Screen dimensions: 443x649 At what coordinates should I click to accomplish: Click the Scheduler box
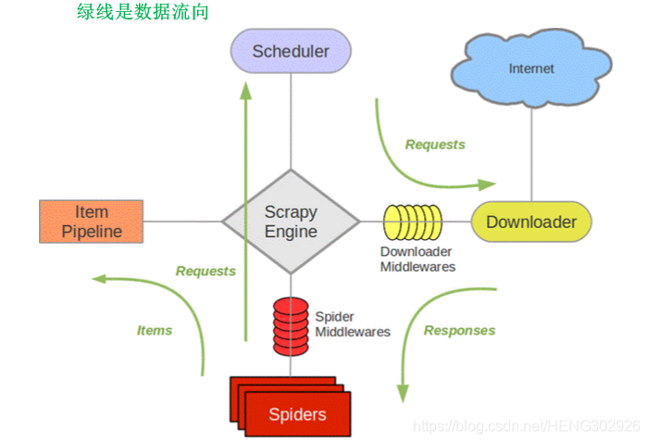point(291,51)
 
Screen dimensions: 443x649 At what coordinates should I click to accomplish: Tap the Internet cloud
point(531,69)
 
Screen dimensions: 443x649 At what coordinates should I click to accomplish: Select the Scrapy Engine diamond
point(291,221)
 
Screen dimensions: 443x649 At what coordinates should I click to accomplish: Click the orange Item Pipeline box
point(92,221)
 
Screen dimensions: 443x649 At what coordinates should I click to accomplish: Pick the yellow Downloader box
point(530,221)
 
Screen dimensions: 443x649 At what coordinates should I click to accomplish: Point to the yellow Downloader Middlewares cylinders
point(413,222)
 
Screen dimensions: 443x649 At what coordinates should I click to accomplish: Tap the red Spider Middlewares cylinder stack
point(289,325)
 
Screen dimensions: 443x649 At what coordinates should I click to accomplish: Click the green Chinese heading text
point(143,12)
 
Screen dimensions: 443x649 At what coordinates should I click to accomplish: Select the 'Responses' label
point(459,330)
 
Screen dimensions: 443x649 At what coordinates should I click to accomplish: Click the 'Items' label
point(155,330)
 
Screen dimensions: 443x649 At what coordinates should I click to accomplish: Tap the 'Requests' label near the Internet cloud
point(435,145)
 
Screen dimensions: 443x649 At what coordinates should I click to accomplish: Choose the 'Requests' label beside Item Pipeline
point(206,271)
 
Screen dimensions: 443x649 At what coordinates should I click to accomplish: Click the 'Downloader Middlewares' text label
point(418,259)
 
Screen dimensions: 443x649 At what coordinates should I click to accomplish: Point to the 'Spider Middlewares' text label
point(353,324)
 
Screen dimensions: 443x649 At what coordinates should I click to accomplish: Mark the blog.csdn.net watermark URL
point(526,425)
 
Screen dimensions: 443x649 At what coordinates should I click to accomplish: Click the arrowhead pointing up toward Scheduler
point(246,90)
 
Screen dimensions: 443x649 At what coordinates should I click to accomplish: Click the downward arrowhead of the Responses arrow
point(403,393)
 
